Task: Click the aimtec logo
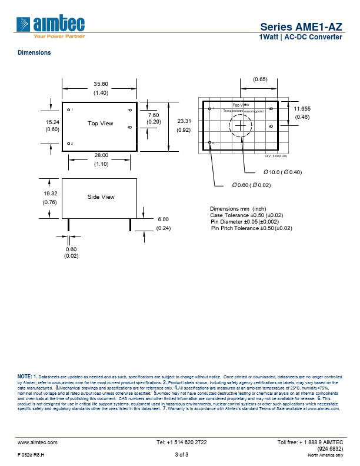click(51, 25)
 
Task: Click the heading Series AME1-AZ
click(301, 26)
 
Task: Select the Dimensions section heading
click(34, 53)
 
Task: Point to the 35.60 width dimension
click(101, 84)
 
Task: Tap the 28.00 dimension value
click(101, 155)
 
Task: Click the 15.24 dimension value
click(52, 122)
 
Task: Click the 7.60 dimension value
click(154, 115)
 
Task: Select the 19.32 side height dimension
click(50, 193)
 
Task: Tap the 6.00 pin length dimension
click(163, 219)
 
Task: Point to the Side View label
click(101, 197)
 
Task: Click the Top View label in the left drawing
click(101, 124)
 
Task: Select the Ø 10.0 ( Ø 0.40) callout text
click(282, 172)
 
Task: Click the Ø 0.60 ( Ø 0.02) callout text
click(251, 185)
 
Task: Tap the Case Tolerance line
click(246, 215)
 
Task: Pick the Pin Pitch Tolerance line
click(251, 228)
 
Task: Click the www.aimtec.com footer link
click(37, 442)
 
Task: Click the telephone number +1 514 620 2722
click(181, 442)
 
